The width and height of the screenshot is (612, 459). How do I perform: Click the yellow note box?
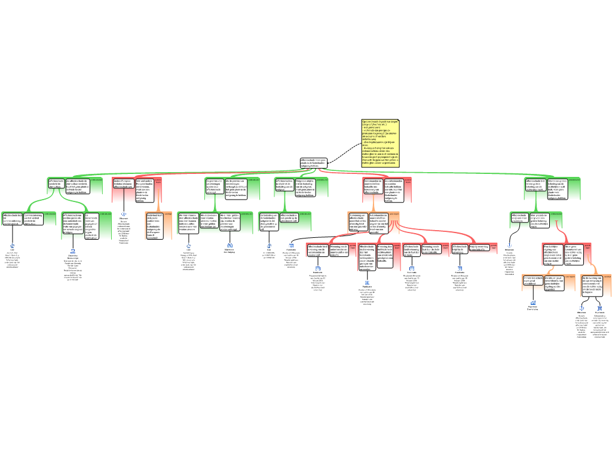380,143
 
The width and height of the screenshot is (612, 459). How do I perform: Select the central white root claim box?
314,163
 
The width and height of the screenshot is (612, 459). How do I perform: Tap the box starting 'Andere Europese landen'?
123,183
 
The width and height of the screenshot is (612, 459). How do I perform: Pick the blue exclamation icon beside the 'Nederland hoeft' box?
124,214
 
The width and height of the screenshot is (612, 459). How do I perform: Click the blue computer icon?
73,251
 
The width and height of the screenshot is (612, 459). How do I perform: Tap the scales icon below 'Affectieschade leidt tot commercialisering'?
12,246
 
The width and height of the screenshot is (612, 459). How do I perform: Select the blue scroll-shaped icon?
600,308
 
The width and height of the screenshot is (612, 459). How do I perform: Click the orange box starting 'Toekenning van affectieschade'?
359,221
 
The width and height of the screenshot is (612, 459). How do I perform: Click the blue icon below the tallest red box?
367,283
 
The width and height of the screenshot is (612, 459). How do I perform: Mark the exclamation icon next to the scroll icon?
582,308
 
